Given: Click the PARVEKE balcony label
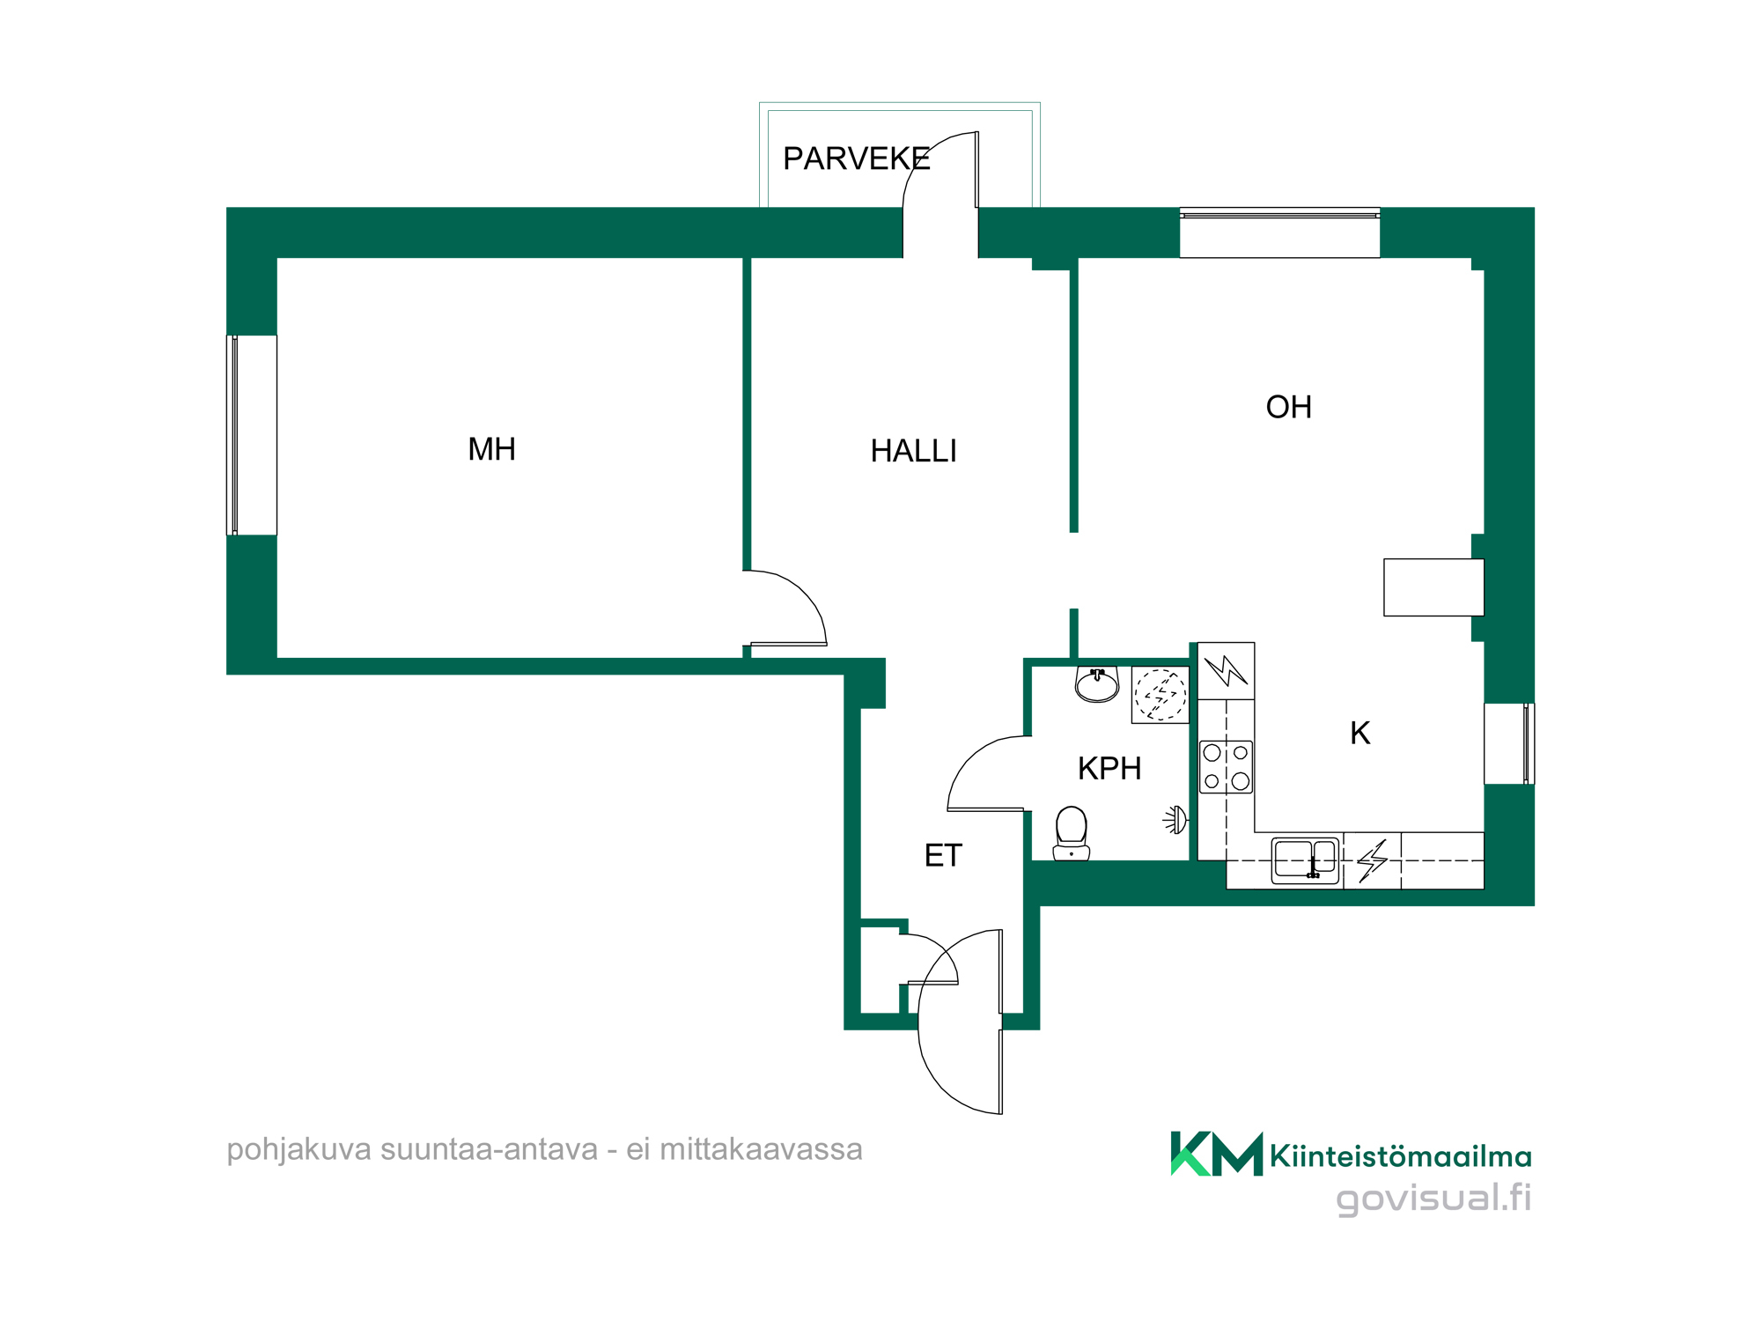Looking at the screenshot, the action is tap(856, 159).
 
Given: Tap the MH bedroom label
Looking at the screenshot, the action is tap(491, 449).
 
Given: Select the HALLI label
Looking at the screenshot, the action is tap(913, 451).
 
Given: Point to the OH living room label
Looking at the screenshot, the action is tap(1288, 407).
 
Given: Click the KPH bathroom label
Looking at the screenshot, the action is tap(1109, 769).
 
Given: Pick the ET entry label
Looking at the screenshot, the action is tap(943, 855).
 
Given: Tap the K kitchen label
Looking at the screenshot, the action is tap(1359, 733).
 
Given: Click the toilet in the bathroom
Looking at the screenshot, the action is tap(1072, 833).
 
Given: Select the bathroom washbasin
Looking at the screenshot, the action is tap(1097, 684).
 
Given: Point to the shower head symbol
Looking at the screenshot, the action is tap(1175, 820).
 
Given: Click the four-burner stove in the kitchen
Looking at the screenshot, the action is tap(1227, 767).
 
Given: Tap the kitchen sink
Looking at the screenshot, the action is tap(1306, 860).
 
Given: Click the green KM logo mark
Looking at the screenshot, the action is tap(1217, 1154).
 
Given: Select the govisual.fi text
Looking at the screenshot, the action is tap(1433, 1199).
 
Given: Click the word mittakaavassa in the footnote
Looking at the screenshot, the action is tap(761, 1149).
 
